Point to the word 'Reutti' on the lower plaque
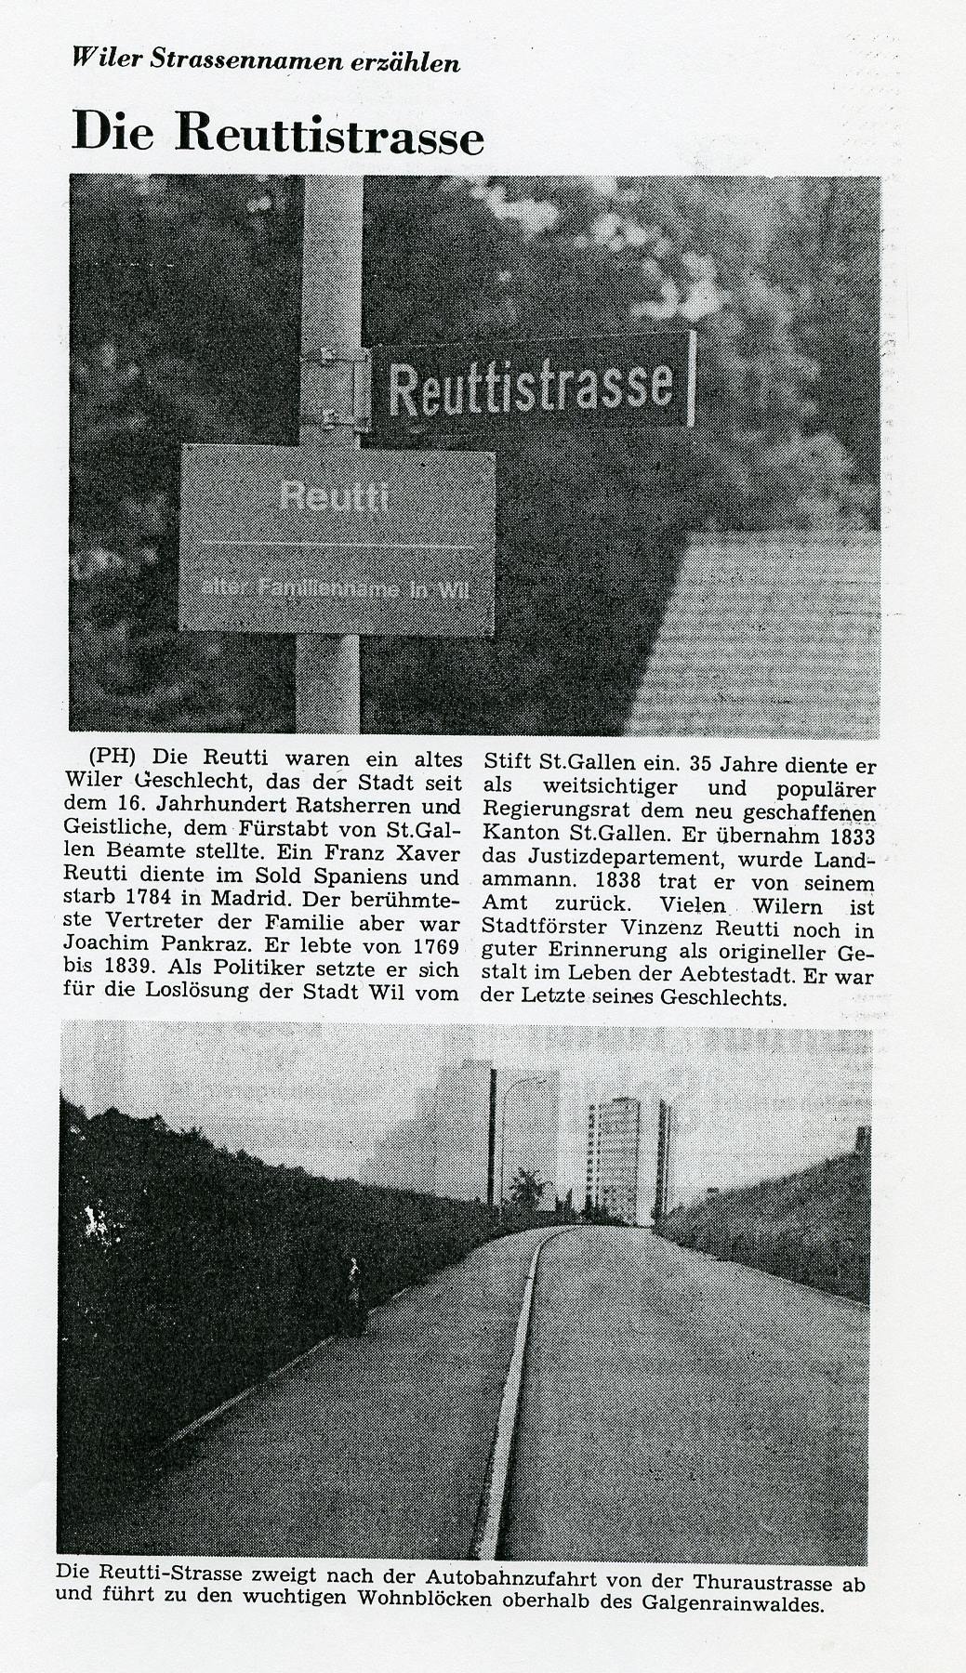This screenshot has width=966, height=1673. [334, 496]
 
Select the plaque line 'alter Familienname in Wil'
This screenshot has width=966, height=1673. [330, 588]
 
